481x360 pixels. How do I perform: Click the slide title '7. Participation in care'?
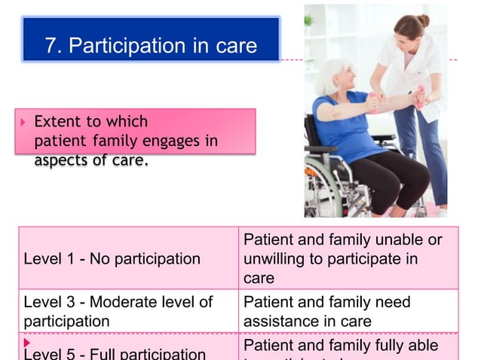click(x=151, y=46)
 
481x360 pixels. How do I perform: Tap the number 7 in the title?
click(x=51, y=46)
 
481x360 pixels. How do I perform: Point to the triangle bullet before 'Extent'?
click(x=23, y=121)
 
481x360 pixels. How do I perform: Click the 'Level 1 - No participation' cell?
click(x=112, y=259)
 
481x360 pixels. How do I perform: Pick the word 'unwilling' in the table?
click(x=274, y=260)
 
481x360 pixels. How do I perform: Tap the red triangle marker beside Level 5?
click(x=26, y=343)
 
